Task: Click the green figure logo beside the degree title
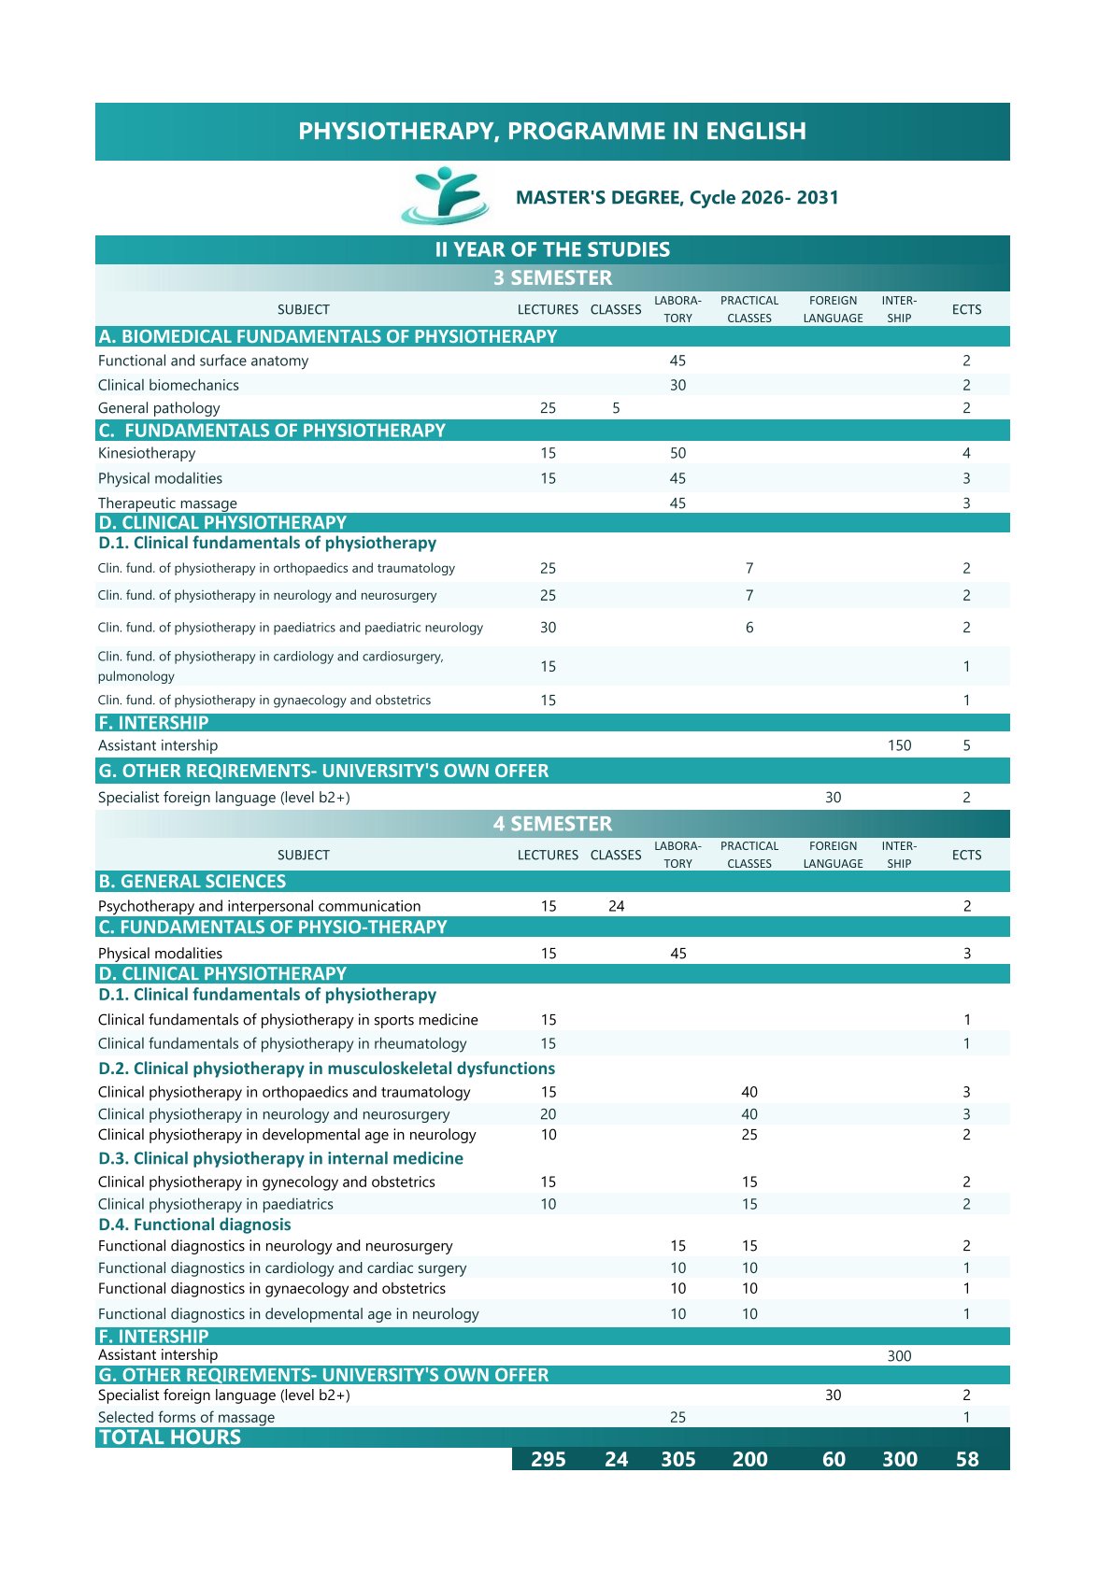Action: pos(445,196)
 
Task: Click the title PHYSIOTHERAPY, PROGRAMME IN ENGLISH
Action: pos(552,131)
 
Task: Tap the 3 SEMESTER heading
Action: pos(552,277)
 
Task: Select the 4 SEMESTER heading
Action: pos(552,824)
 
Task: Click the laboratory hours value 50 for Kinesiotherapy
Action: pos(677,453)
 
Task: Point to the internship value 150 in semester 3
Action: pos(899,745)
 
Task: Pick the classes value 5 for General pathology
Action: pos(616,408)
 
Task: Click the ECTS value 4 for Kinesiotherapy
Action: pos(966,453)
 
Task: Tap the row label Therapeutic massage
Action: pos(167,503)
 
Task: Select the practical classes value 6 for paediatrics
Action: pos(749,628)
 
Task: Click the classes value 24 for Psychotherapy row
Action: pos(616,906)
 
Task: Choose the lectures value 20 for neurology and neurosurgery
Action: pos(549,1114)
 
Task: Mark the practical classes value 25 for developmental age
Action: pos(749,1135)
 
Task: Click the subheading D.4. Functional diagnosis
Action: pos(194,1225)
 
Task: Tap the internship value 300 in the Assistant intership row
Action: pos(899,1356)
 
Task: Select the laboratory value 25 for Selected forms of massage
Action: pos(677,1417)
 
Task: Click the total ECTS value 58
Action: pos(967,1459)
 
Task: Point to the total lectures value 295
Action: pos(549,1459)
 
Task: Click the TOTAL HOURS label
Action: pos(170,1437)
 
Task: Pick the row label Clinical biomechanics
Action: pos(168,385)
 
